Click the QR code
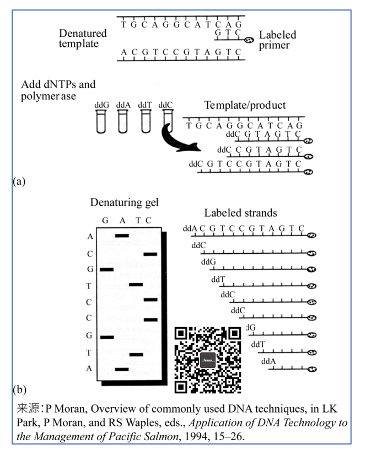(x=208, y=360)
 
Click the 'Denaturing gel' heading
(x=124, y=202)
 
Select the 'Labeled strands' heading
(x=240, y=213)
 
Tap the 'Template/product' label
(x=245, y=105)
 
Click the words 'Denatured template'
(x=83, y=38)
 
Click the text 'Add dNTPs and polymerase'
(x=58, y=90)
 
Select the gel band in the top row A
(x=122, y=236)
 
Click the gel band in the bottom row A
(x=122, y=369)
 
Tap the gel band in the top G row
(x=106, y=269)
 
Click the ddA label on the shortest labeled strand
(x=268, y=361)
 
